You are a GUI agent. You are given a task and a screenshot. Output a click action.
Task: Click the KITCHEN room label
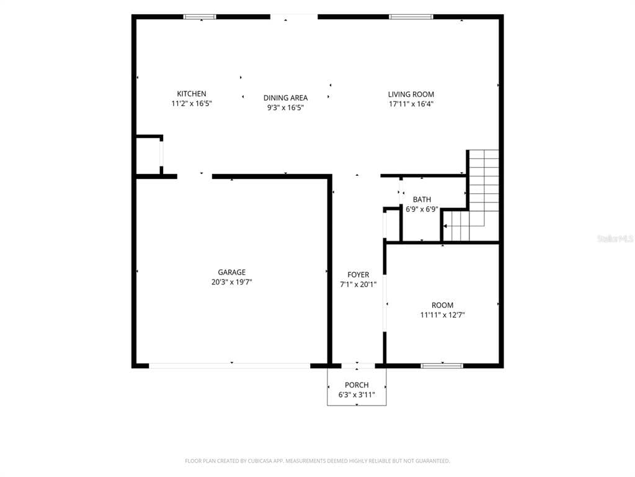(x=191, y=94)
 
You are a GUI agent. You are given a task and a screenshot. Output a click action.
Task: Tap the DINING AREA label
(x=285, y=98)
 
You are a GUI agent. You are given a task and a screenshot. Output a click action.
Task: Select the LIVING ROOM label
(x=411, y=94)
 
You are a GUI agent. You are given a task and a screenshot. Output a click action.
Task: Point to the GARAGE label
(x=232, y=272)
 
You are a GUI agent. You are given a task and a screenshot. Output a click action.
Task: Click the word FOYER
(x=358, y=275)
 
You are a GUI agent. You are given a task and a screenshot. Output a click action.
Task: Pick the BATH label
(x=422, y=199)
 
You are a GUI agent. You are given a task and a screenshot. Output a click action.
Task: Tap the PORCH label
(x=357, y=385)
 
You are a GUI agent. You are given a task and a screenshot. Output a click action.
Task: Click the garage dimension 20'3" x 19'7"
(x=232, y=282)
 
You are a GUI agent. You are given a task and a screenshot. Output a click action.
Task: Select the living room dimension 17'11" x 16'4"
(x=411, y=104)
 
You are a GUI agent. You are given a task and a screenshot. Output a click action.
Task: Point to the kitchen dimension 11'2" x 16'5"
(x=192, y=104)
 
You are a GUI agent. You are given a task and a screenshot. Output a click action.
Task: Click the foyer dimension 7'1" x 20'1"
(x=358, y=284)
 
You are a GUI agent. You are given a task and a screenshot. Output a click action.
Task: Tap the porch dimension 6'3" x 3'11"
(x=357, y=394)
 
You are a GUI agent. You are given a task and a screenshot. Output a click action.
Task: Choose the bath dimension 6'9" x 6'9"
(x=422, y=209)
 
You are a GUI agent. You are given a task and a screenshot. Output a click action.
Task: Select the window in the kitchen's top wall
(x=200, y=17)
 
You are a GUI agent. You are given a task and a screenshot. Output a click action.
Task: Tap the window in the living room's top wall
(x=411, y=17)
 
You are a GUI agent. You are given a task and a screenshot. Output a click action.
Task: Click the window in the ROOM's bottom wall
(x=442, y=366)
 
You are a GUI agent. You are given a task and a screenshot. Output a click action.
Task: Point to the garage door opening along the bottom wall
(x=229, y=366)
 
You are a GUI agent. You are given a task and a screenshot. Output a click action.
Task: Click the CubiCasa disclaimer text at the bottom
(x=317, y=461)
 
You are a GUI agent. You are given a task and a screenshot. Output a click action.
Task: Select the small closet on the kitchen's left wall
(x=148, y=157)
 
